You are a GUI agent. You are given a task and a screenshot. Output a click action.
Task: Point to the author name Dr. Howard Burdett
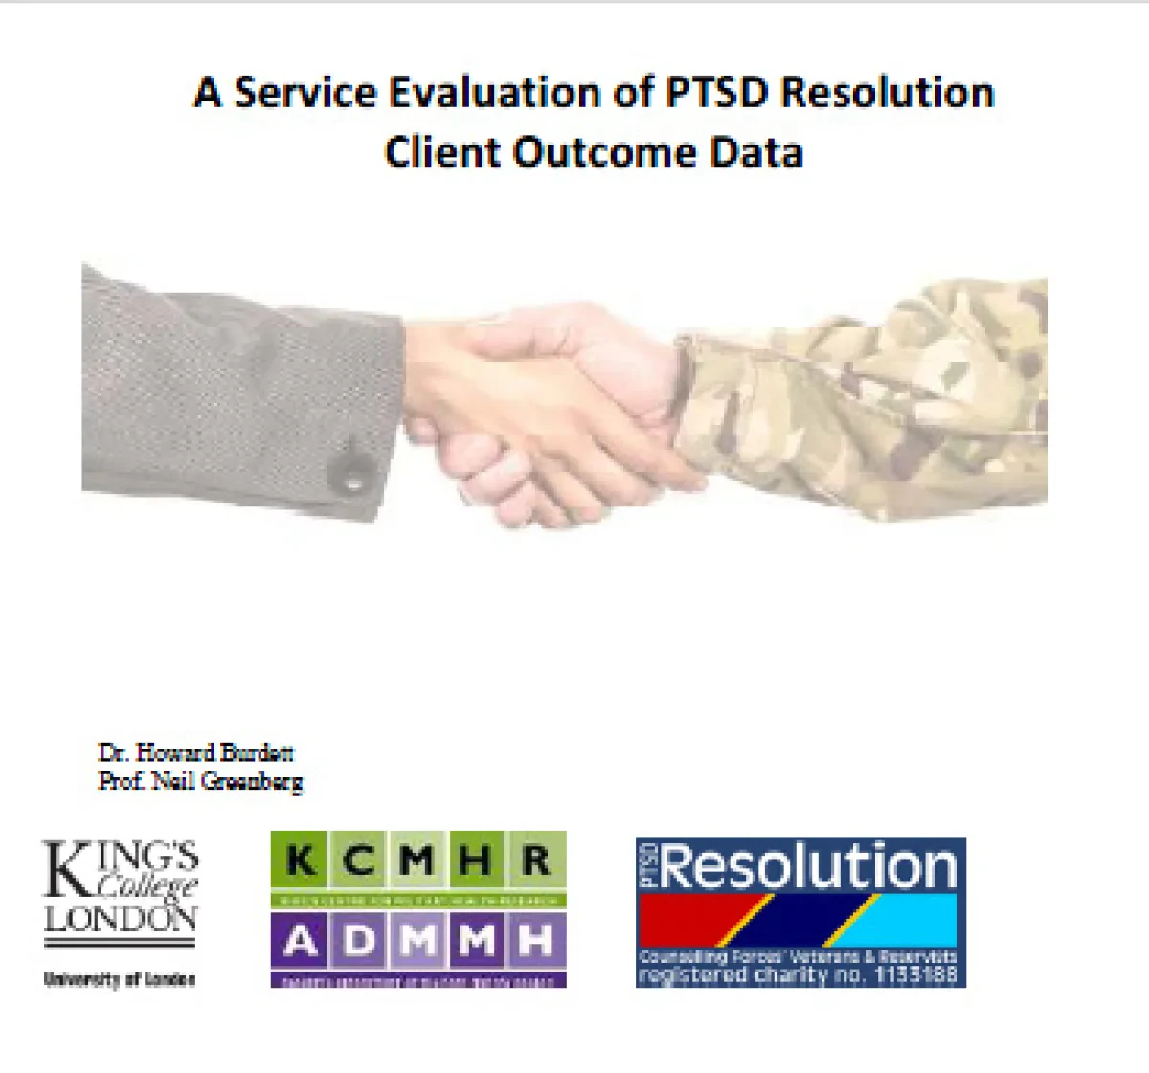tap(195, 752)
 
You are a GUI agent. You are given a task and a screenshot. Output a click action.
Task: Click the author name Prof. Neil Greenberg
tap(200, 781)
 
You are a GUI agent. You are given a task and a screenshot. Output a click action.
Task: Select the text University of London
tap(120, 979)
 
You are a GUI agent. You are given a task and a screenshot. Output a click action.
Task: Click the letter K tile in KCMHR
tap(302, 861)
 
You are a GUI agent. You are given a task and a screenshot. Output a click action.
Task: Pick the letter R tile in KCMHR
tap(536, 861)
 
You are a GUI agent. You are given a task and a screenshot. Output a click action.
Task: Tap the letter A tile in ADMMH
tap(301, 942)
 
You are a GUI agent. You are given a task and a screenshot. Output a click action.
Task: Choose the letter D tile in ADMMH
tap(360, 942)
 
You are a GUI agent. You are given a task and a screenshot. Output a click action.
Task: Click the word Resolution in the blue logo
tap(809, 866)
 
